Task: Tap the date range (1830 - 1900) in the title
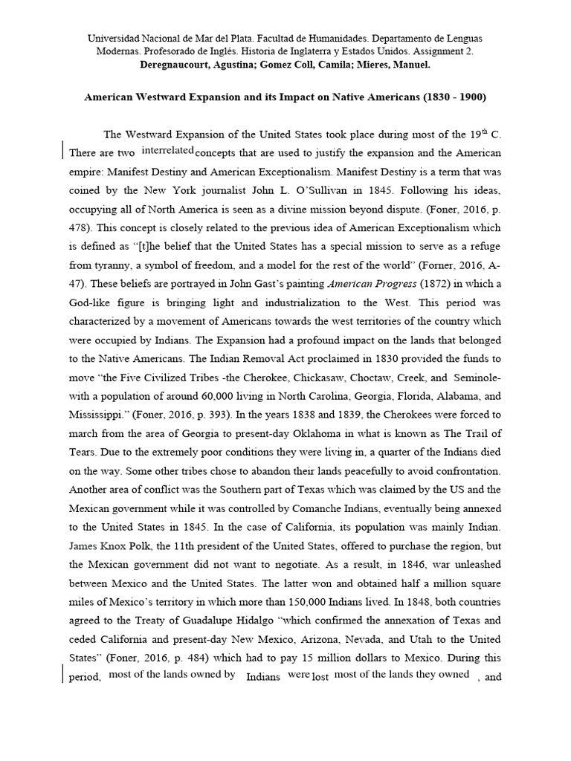coord(441,97)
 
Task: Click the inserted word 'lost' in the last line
coord(320,677)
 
